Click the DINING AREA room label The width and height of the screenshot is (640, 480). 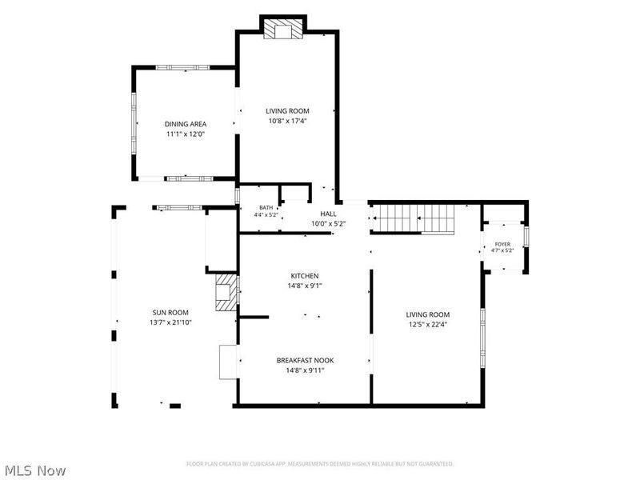click(186, 124)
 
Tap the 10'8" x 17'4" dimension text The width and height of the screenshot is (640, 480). click(287, 121)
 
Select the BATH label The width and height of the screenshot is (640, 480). click(266, 208)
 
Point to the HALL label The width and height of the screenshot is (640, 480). click(329, 214)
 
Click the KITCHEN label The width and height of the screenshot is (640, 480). click(305, 276)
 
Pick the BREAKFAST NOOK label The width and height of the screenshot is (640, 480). click(306, 361)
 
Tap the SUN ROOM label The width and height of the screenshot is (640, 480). click(170, 313)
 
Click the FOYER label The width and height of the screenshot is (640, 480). click(502, 244)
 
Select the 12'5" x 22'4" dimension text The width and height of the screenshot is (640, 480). click(428, 325)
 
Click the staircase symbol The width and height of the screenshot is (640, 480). click(414, 219)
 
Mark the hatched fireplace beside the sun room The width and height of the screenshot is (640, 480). click(226, 292)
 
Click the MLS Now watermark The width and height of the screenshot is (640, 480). click(34, 470)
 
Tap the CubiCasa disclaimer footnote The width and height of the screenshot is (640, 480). click(320, 464)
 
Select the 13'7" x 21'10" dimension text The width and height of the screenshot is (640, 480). click(170, 322)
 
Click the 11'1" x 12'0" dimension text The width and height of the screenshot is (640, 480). click(186, 134)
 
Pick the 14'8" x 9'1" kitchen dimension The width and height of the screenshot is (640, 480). click(305, 286)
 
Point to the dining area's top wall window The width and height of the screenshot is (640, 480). click(183, 68)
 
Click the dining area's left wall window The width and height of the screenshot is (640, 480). click(134, 123)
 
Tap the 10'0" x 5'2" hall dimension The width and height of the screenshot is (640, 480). click(329, 224)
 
